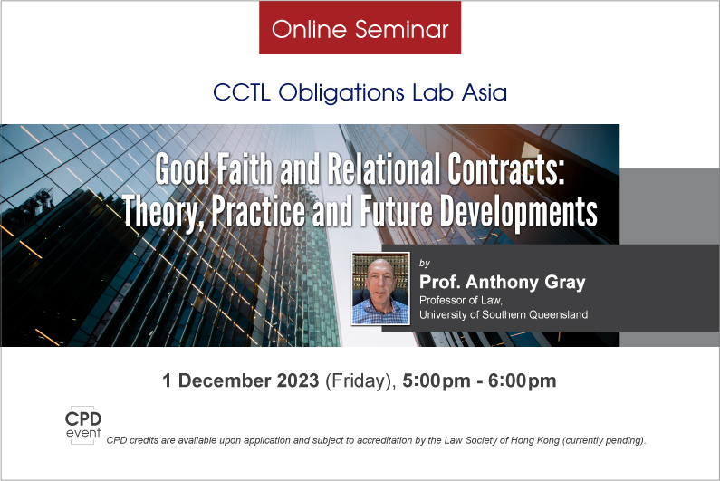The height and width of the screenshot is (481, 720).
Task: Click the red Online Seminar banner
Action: [x=360, y=27]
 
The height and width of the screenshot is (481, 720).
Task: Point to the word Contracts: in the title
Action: [x=506, y=168]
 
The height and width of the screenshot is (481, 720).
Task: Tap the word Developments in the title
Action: [x=519, y=211]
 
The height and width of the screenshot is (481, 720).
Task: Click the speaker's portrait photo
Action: [x=380, y=288]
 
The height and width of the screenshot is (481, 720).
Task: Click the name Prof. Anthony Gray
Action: [x=503, y=282]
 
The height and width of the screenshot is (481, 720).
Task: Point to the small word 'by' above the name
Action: [x=424, y=263]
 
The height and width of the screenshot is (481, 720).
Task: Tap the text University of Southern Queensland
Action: [x=504, y=314]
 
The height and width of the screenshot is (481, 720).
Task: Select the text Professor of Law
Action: [x=461, y=300]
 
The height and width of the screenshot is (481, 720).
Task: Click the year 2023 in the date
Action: [x=298, y=380]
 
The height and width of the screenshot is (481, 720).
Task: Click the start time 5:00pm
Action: [x=437, y=380]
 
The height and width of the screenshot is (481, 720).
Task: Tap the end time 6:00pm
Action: [x=522, y=380]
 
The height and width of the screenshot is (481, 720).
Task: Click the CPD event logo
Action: [x=82, y=425]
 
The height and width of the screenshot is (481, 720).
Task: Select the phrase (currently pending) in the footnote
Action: [x=604, y=440]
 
